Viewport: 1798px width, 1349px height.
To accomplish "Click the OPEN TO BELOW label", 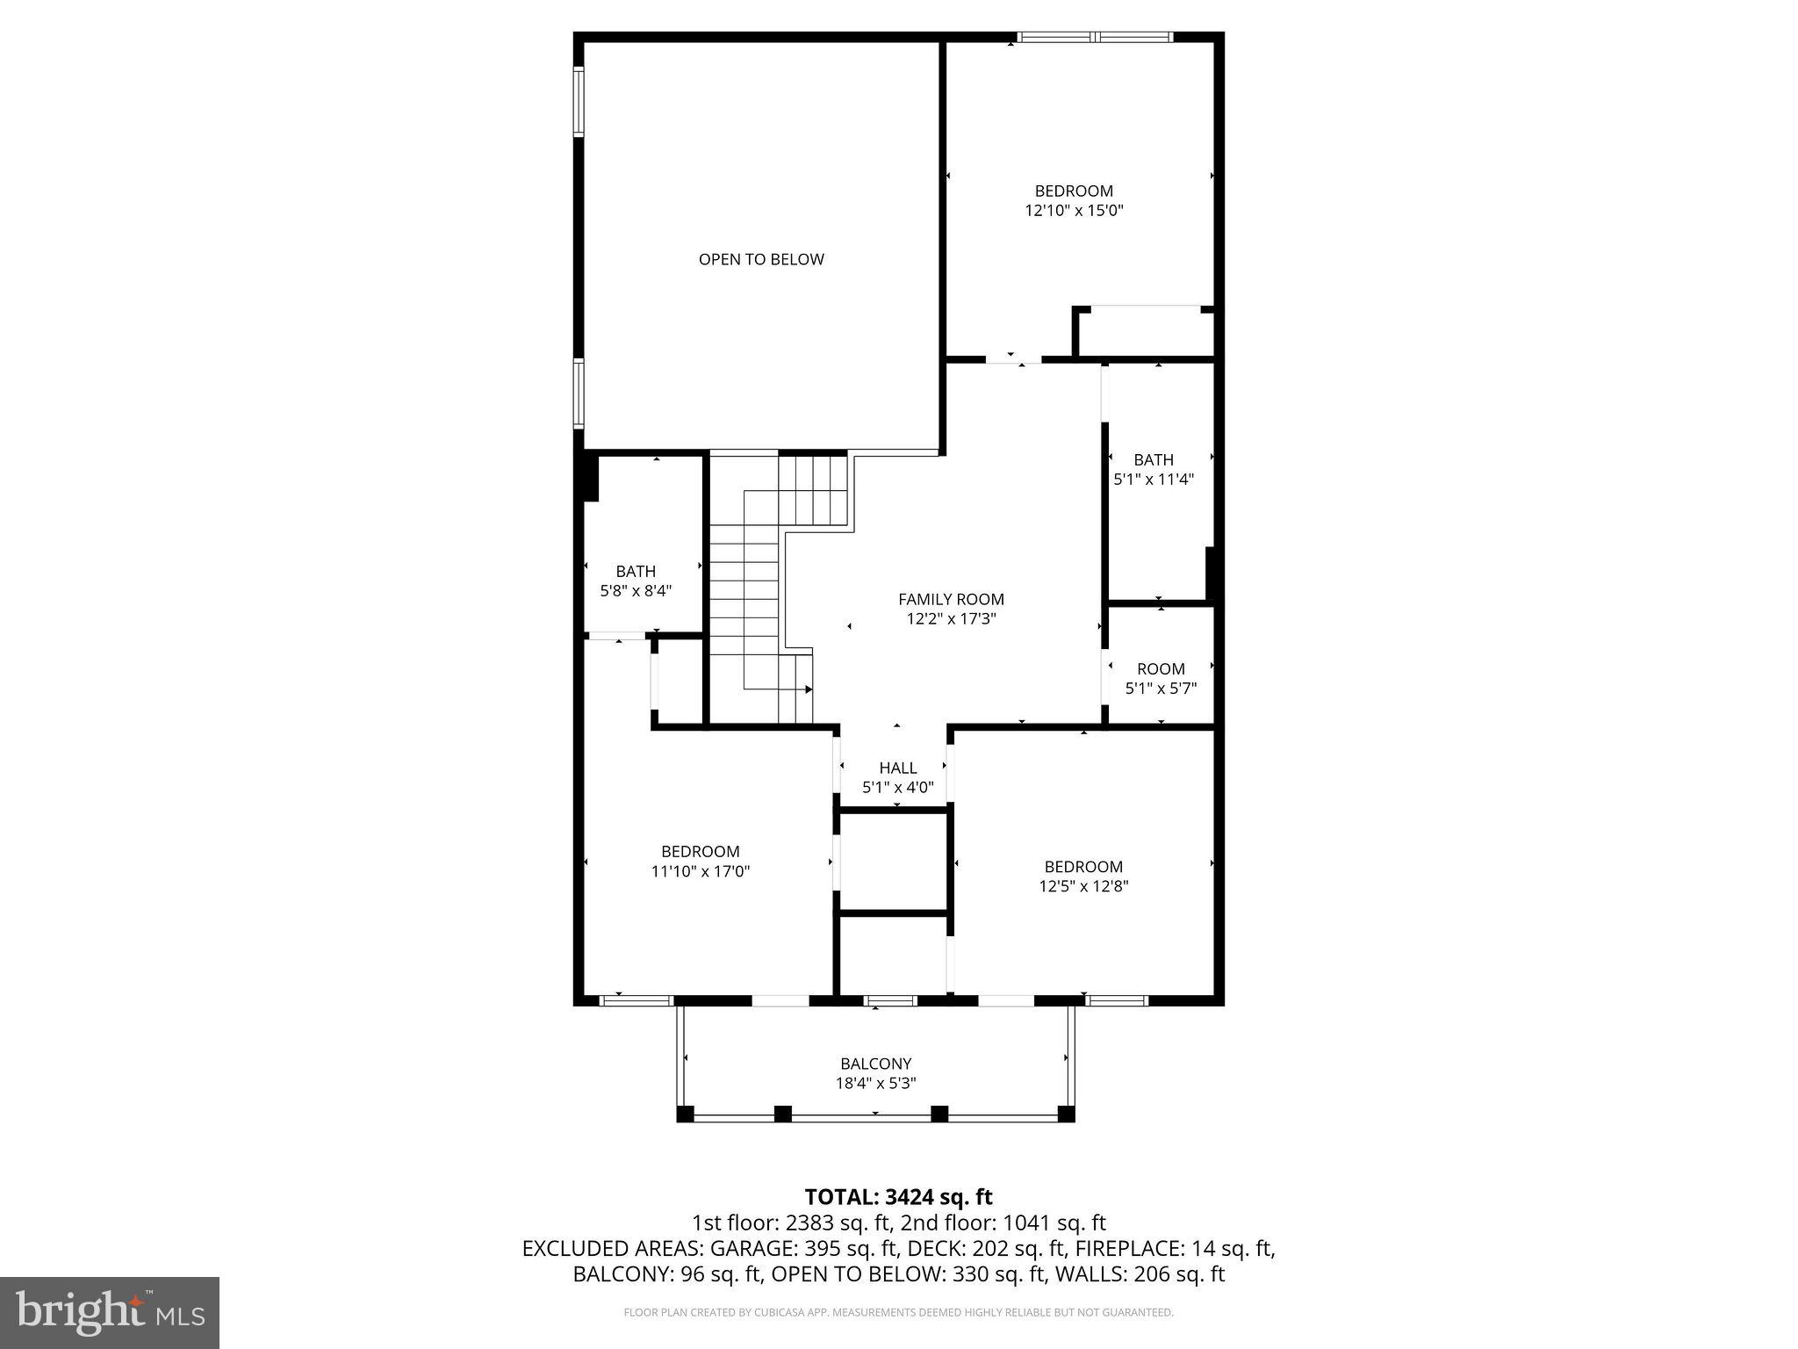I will [x=761, y=259].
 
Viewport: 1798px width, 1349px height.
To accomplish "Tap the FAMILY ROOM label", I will [x=951, y=599].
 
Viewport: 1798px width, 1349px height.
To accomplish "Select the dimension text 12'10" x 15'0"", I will [x=1074, y=211].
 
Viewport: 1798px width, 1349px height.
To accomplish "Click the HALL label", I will [x=897, y=768].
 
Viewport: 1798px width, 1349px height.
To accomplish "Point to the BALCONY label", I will [x=875, y=1064].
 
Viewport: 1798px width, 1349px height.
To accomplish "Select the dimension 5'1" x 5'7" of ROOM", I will [x=1161, y=689].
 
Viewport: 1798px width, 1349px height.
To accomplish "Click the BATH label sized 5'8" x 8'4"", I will [x=636, y=571].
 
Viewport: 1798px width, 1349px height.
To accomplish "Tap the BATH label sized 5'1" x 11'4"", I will [x=1153, y=459].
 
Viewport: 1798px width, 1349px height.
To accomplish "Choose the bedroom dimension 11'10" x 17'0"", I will [x=700, y=871].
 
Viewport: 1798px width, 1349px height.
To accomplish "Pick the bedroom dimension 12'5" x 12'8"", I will [x=1083, y=886].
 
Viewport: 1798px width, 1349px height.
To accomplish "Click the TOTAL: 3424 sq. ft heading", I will [x=898, y=1197].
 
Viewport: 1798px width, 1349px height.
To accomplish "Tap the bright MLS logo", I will [x=110, y=1312].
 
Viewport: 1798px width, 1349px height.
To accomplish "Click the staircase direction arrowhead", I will [x=808, y=690].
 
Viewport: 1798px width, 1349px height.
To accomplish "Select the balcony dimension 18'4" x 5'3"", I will [x=875, y=1084].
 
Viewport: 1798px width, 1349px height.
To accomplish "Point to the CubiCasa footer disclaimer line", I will [x=898, y=1312].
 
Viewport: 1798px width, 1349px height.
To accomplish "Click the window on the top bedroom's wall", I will [x=1094, y=38].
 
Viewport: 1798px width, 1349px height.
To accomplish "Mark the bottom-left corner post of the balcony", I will [x=685, y=1115].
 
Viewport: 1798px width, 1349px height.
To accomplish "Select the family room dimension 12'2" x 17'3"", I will [x=951, y=619].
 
